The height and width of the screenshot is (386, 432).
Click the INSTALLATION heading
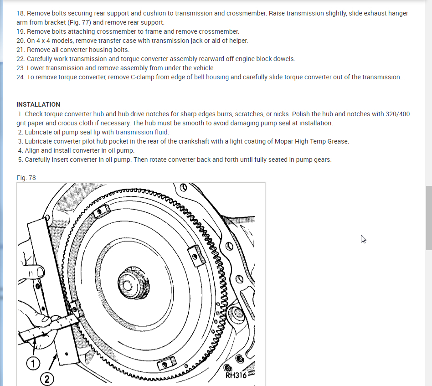(x=38, y=104)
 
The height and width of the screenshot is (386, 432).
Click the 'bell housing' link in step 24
(x=211, y=77)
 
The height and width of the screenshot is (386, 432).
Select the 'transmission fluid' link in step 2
(x=142, y=132)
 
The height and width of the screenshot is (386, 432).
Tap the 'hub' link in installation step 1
(x=98, y=114)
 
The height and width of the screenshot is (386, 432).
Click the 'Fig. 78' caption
(x=26, y=178)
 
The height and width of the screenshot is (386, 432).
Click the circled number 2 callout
(x=47, y=378)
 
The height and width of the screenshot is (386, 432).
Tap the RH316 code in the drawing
(x=236, y=375)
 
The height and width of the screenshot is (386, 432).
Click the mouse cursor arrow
(x=363, y=239)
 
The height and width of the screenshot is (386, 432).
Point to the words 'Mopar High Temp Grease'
(x=311, y=141)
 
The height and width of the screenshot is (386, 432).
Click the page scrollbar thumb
(x=428, y=217)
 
